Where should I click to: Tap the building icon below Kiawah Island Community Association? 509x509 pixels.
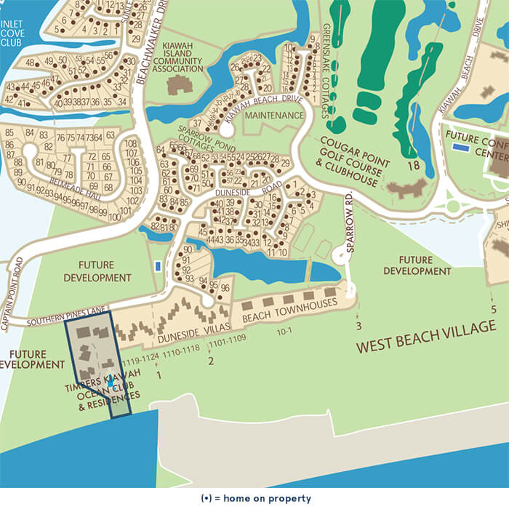[x=177, y=84]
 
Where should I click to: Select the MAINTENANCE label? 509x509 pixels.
[x=273, y=116]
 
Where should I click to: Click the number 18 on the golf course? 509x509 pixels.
[x=414, y=166]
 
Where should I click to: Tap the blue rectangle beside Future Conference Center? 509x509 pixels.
[x=460, y=148]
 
